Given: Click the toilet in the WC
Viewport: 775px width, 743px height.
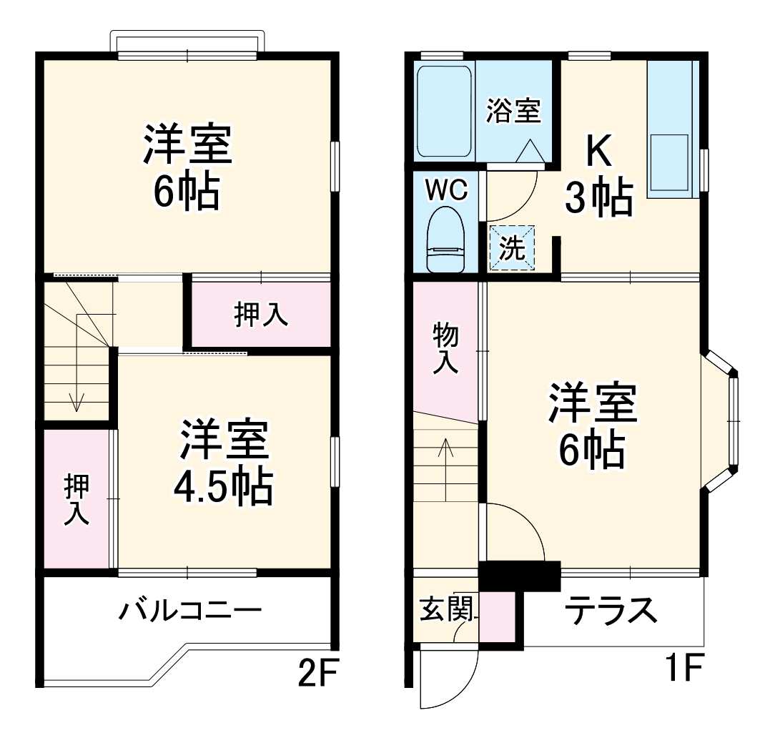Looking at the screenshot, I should (x=446, y=240).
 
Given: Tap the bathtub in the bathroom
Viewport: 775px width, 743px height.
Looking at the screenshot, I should (x=444, y=112).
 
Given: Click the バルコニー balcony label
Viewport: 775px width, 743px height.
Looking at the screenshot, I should (x=190, y=611).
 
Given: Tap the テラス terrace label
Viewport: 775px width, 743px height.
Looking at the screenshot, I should (x=611, y=611).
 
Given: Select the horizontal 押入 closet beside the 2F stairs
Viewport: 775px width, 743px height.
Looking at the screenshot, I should (x=262, y=314).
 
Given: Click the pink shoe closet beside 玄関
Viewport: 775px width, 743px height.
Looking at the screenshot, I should (x=497, y=616).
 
